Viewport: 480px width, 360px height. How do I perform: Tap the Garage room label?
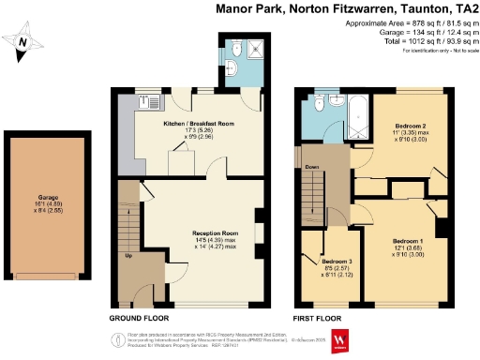point(47,197)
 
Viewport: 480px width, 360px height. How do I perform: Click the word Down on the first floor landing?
point(312,169)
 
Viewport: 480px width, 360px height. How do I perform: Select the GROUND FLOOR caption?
point(140,319)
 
